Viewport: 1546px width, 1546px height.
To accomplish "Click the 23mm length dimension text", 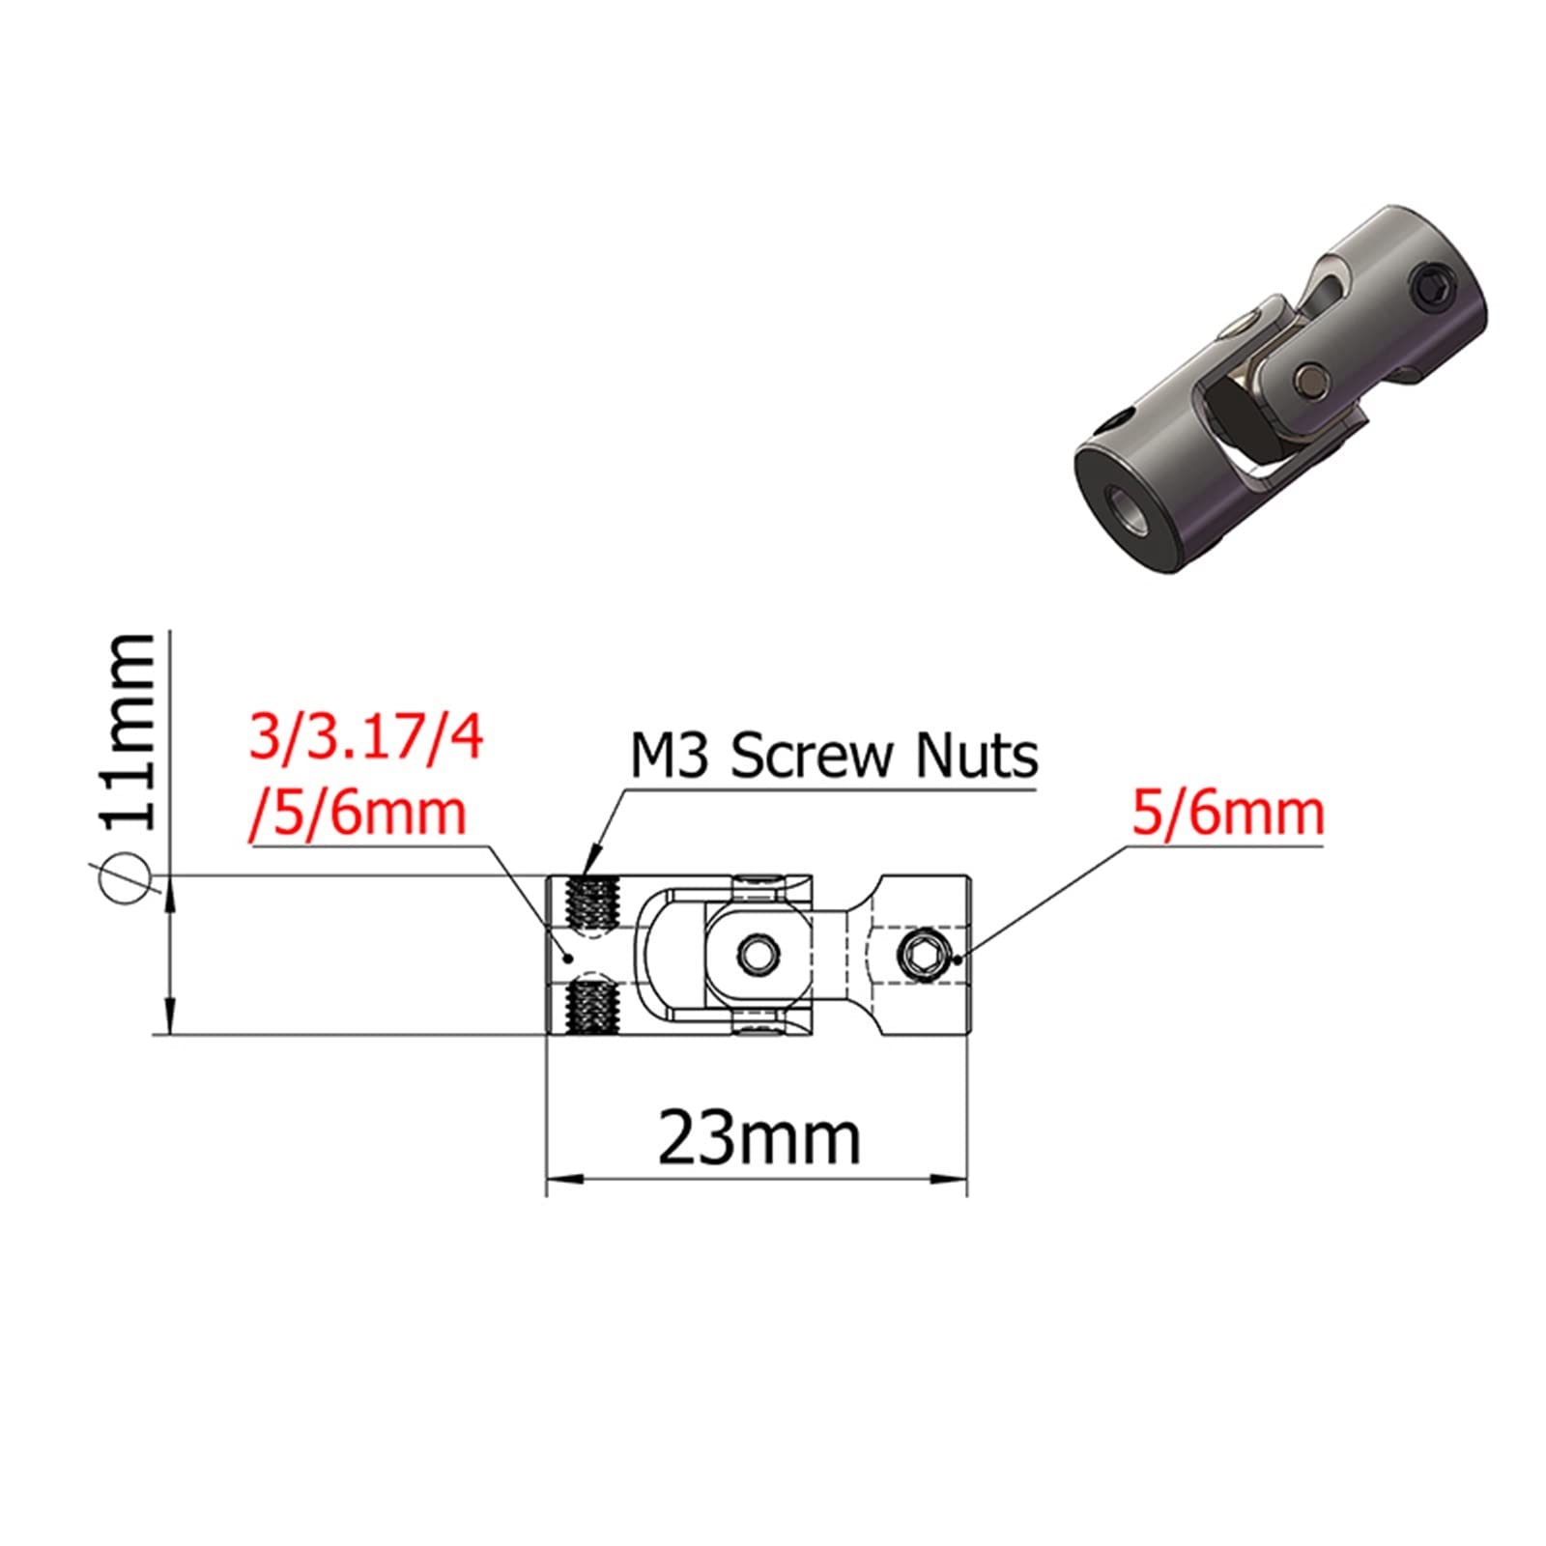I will click(x=759, y=1140).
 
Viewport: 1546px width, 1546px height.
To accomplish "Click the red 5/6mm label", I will click(x=1228, y=814).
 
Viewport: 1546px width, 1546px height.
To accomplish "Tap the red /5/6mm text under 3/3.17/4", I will click(x=358, y=814).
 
